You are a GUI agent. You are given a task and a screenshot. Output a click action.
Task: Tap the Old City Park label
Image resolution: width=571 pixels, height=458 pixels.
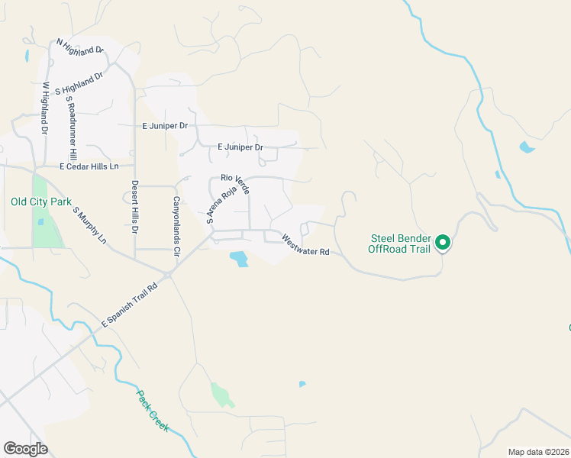click(x=41, y=202)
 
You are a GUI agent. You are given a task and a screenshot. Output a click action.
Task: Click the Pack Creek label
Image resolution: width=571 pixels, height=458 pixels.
click(x=153, y=411)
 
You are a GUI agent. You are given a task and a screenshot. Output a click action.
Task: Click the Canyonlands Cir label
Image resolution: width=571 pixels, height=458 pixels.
click(x=176, y=226)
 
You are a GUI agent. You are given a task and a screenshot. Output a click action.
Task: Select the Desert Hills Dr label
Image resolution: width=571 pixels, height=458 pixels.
click(x=134, y=206)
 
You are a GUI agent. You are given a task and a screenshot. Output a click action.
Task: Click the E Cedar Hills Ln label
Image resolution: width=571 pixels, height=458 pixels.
click(x=89, y=166)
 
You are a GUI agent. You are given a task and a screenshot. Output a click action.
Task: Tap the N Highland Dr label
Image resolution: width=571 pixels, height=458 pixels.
click(x=80, y=46)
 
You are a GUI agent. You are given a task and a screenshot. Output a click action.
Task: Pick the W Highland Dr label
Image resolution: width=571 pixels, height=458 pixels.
click(x=45, y=108)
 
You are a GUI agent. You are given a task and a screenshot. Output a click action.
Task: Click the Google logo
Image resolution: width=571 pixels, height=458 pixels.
click(x=25, y=449)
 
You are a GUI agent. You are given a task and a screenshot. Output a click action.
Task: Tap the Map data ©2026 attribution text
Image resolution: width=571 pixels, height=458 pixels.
click(x=538, y=452)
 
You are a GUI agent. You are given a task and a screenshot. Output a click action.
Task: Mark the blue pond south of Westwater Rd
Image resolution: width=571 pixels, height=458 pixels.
click(x=239, y=260)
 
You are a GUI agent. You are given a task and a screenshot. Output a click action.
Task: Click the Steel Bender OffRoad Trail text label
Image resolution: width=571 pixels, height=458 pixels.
click(x=399, y=244)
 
